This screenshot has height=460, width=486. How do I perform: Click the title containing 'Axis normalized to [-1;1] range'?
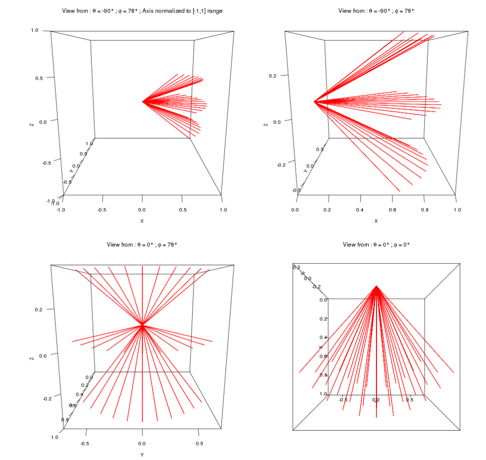(x=142, y=11)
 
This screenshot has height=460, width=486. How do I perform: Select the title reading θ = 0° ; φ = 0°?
(x=376, y=245)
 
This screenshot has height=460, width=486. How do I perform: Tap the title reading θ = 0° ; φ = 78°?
(x=142, y=245)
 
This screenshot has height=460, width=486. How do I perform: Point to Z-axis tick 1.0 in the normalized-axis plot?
(x=35, y=30)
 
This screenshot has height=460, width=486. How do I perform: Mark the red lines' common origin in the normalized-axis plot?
(x=142, y=102)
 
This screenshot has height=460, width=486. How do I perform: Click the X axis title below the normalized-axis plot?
(x=142, y=221)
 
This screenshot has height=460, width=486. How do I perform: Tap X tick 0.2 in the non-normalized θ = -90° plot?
(x=328, y=210)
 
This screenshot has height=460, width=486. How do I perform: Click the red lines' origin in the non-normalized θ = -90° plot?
(x=314, y=102)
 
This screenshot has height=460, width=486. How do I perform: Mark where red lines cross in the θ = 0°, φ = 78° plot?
(x=142, y=324)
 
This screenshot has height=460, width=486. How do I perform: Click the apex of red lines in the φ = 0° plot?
(x=376, y=286)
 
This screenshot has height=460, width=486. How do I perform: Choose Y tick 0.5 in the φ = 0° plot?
(x=410, y=399)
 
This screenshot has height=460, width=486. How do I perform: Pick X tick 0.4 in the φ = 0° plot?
(x=322, y=337)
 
